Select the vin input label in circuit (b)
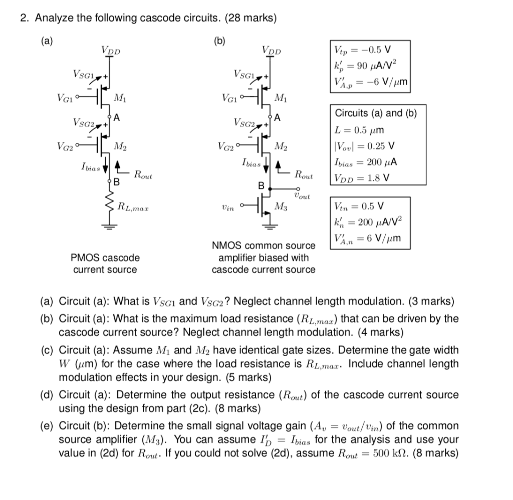point(228,206)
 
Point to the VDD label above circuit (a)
point(111,50)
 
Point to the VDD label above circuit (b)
point(272,50)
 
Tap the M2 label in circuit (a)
point(120,146)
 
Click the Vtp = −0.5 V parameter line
point(362,50)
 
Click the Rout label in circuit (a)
point(142,175)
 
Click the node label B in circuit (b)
point(261,186)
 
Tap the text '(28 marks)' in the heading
point(250,18)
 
